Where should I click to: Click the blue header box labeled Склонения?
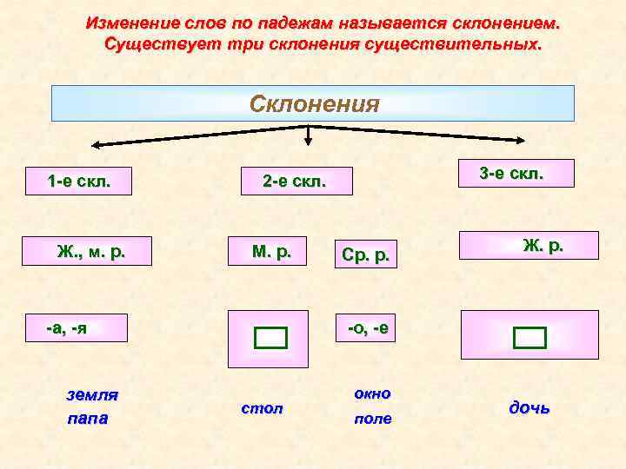point(313,103)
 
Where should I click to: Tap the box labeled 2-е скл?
point(296,182)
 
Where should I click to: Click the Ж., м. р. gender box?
point(90,252)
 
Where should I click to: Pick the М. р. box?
point(271,252)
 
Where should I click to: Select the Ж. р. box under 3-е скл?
point(529,246)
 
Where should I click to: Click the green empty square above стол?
point(270,338)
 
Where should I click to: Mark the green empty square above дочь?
point(529,337)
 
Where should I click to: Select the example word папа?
point(88,419)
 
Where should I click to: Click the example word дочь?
point(529,407)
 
